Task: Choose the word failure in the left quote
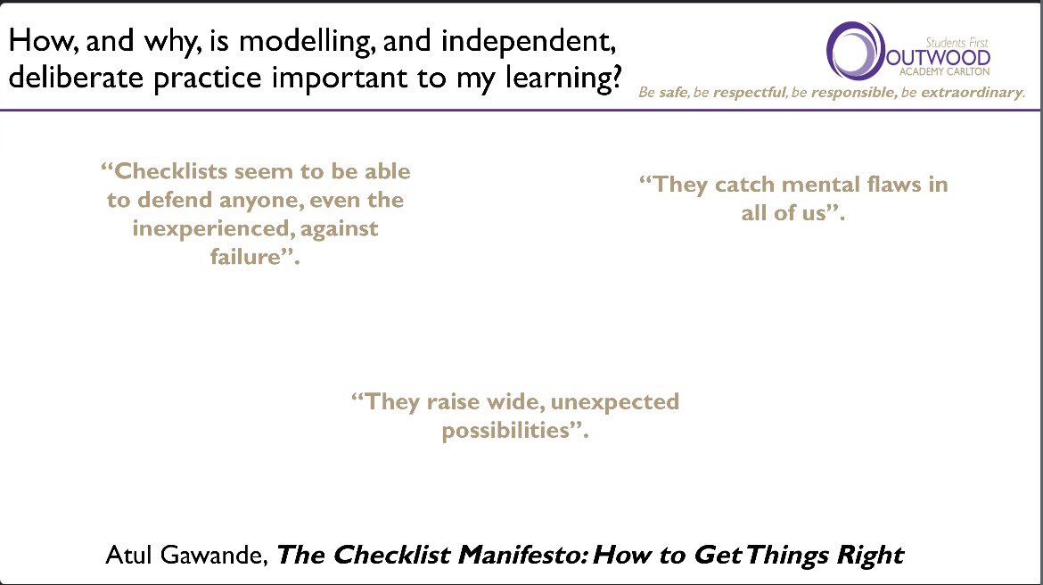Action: point(241,259)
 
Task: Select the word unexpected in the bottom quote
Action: point(614,401)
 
